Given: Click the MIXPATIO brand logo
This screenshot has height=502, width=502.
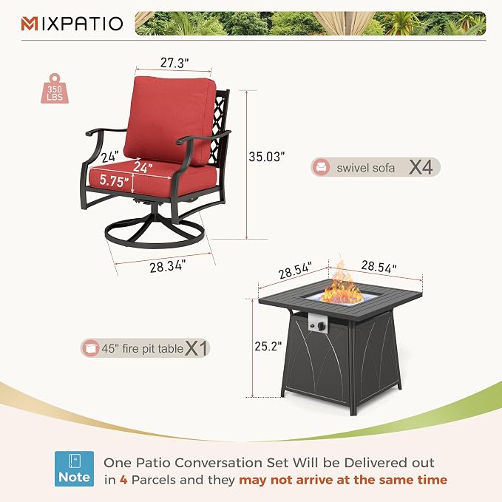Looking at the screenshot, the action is pyautogui.click(x=72, y=24).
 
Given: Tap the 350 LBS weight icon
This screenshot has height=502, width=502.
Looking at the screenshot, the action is pyautogui.click(x=55, y=89).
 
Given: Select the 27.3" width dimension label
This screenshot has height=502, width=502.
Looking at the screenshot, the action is pyautogui.click(x=174, y=62).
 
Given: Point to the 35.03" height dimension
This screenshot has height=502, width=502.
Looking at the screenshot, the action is pyautogui.click(x=266, y=157).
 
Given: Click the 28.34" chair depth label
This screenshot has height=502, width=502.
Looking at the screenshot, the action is pyautogui.click(x=167, y=266).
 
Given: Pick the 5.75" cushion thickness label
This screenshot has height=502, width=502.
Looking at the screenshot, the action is pyautogui.click(x=114, y=180).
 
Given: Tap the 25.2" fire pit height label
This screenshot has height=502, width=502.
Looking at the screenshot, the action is pyautogui.click(x=268, y=346).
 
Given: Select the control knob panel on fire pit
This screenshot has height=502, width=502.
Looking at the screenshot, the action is pyautogui.click(x=319, y=322).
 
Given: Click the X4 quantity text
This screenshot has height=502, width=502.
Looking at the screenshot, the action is pyautogui.click(x=421, y=167).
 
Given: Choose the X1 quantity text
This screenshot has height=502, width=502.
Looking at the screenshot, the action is pyautogui.click(x=197, y=348).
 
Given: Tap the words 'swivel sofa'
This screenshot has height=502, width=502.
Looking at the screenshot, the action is pyautogui.click(x=366, y=168).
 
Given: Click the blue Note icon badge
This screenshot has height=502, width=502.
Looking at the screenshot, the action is pyautogui.click(x=74, y=469).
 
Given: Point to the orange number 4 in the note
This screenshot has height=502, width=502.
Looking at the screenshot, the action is pyautogui.click(x=123, y=480).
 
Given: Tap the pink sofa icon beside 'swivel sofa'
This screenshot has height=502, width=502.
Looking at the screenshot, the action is pyautogui.click(x=321, y=167).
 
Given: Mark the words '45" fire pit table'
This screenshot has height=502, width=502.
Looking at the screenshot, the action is pyautogui.click(x=143, y=349).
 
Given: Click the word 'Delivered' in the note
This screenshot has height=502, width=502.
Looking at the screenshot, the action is pyautogui.click(x=375, y=463).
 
